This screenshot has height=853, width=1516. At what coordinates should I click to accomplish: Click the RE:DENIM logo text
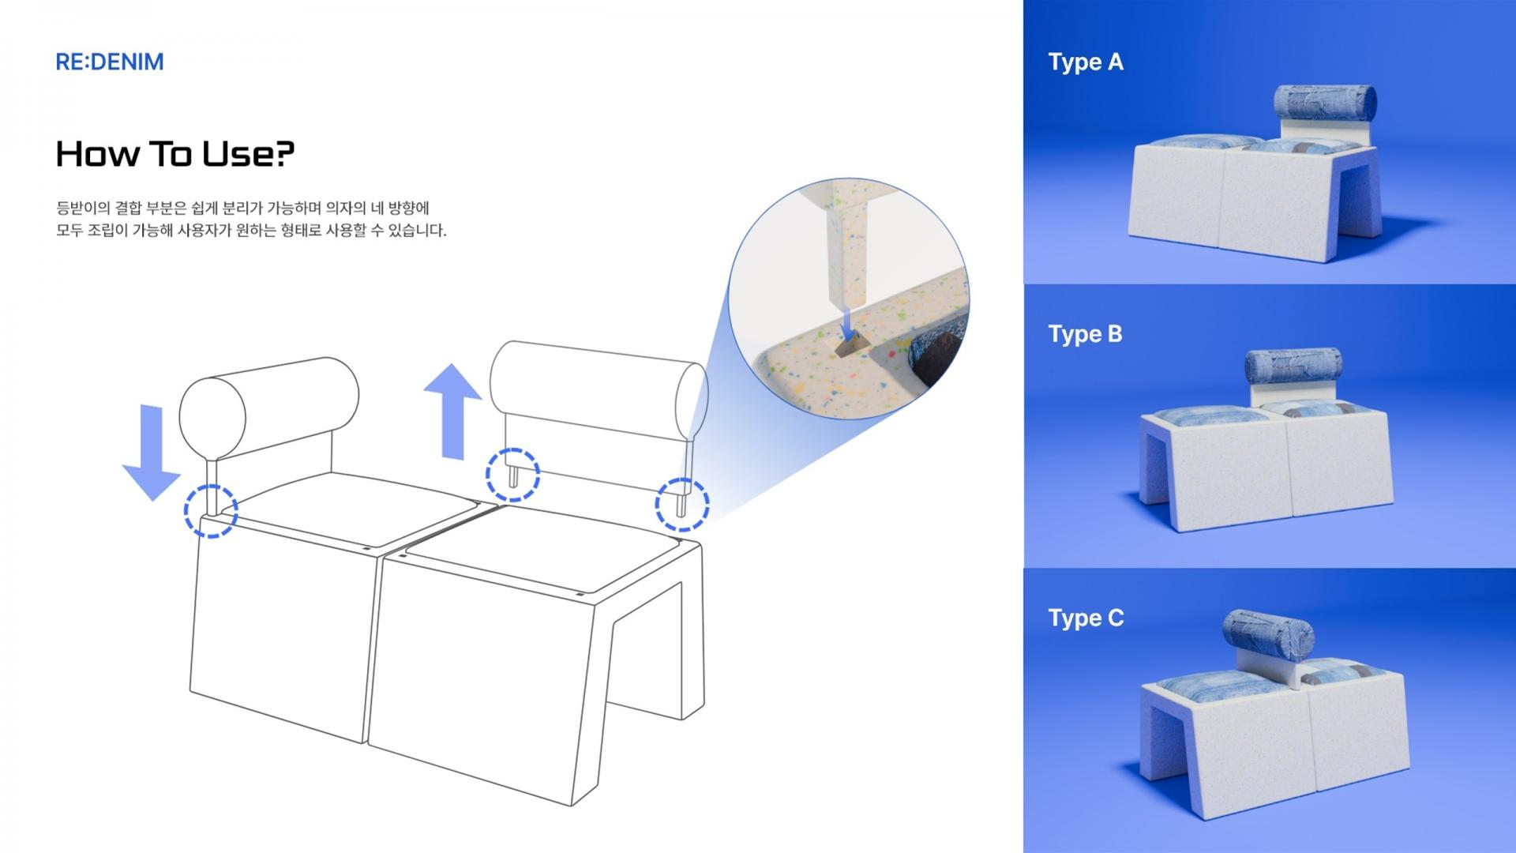[x=110, y=62]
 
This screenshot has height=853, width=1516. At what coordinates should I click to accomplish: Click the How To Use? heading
[x=174, y=153]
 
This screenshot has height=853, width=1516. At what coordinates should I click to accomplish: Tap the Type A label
[x=1086, y=62]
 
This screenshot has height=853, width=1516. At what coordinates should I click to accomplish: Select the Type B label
[x=1085, y=334]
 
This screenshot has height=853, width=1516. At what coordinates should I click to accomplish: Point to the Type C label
[x=1086, y=618]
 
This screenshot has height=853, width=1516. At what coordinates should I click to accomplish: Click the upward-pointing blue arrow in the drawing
[x=452, y=411]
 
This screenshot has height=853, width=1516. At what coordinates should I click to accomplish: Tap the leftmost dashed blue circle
[x=211, y=510]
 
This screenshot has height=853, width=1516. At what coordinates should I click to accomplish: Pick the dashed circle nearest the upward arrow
[x=512, y=475]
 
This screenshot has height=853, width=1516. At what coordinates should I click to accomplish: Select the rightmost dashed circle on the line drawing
[x=682, y=503]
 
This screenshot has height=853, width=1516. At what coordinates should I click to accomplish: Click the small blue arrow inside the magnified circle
[x=846, y=323]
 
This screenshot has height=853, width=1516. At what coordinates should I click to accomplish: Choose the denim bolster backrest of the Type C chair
[x=1268, y=637]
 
